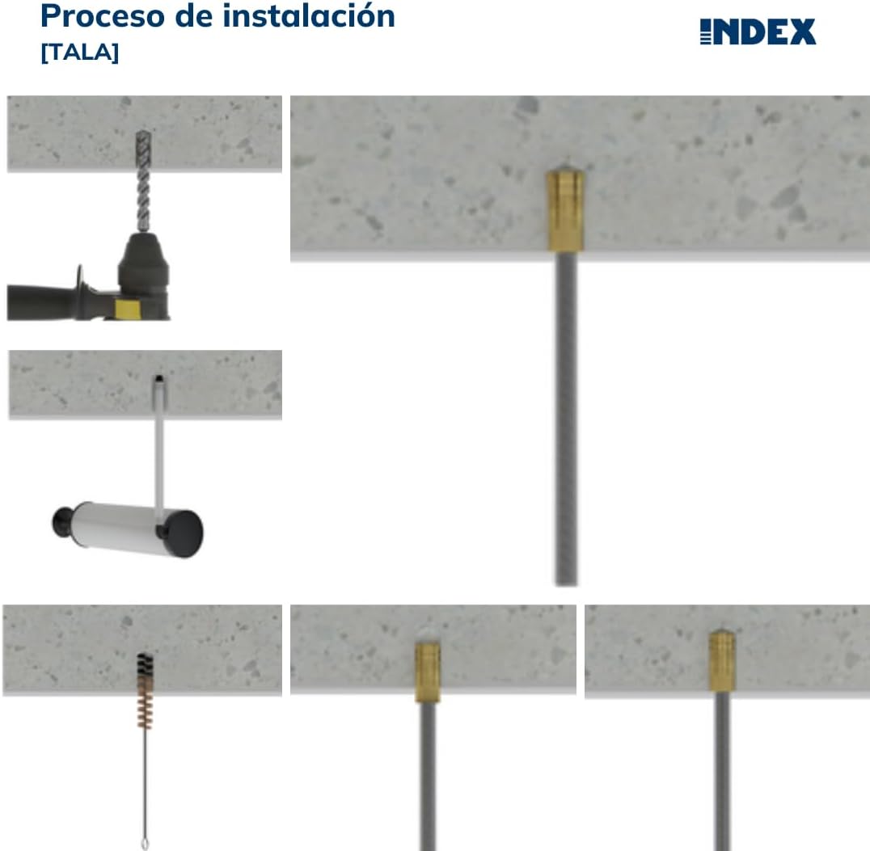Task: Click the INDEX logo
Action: [x=758, y=32]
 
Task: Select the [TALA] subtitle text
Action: [x=79, y=53]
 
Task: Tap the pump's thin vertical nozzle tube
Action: [x=159, y=453]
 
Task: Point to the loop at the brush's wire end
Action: [x=145, y=844]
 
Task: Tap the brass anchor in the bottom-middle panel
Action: [x=427, y=671]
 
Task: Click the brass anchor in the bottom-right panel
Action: [x=721, y=661]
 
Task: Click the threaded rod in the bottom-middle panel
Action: [x=428, y=776]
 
